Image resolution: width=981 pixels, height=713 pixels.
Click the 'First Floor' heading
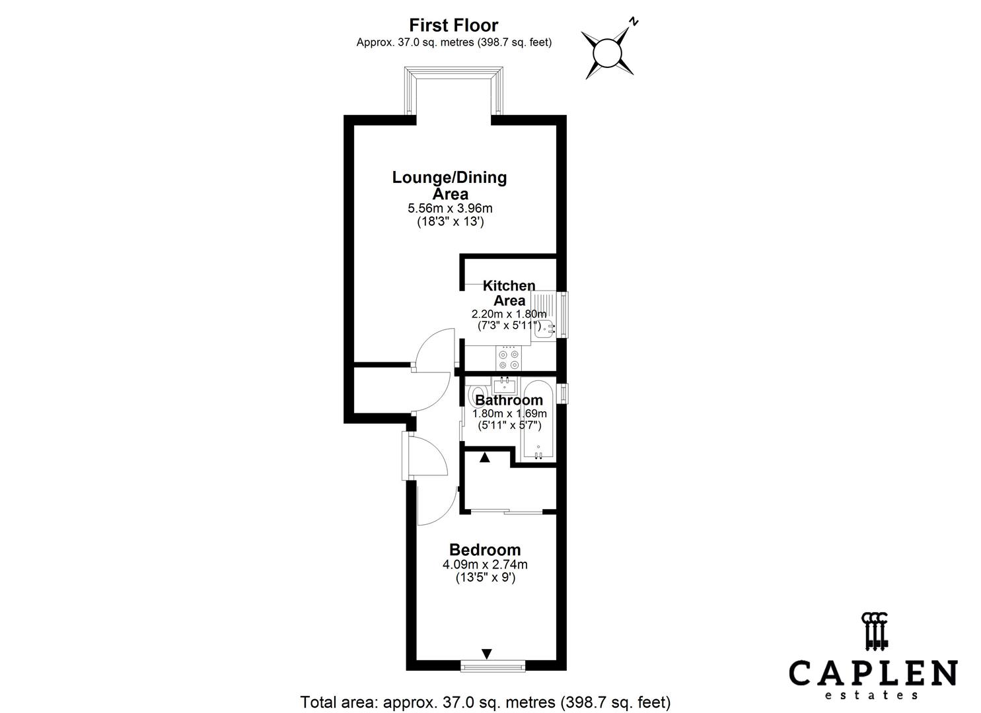[453, 25]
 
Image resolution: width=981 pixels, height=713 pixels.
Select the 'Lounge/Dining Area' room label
[449, 185]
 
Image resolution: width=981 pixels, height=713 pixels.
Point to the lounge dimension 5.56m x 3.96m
[450, 209]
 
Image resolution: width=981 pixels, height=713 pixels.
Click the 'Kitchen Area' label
[509, 293]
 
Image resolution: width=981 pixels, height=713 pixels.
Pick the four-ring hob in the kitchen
[509, 358]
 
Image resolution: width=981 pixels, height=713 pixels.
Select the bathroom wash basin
[504, 386]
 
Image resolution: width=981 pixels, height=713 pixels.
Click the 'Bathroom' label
[509, 399]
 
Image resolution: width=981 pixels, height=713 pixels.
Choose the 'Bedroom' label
[485, 550]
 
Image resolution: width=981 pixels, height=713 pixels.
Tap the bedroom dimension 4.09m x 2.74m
[485, 564]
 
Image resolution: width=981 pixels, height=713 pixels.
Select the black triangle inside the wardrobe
[484, 458]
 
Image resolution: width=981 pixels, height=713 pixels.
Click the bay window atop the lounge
[453, 90]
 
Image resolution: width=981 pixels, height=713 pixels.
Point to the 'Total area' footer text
[486, 702]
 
